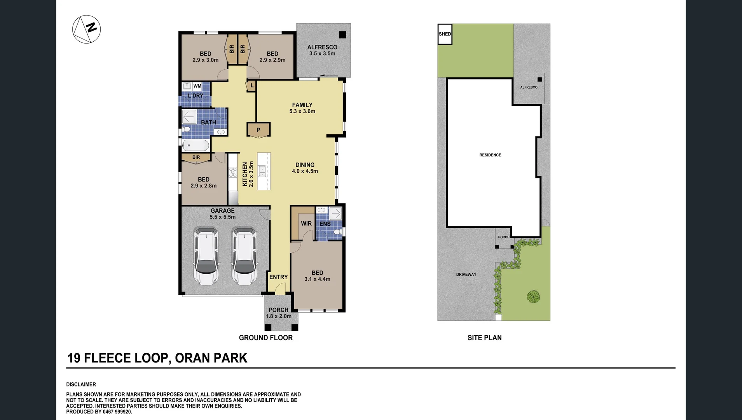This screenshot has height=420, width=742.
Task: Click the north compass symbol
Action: (x=86, y=29)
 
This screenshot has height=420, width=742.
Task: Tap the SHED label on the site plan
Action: (x=445, y=34)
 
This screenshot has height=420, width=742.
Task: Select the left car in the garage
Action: (x=206, y=256)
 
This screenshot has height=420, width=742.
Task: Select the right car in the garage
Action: (x=244, y=256)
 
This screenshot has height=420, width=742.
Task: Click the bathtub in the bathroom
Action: (x=196, y=145)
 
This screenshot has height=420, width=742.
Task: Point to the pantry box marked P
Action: (x=258, y=130)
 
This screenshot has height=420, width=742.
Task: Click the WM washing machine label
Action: (x=197, y=86)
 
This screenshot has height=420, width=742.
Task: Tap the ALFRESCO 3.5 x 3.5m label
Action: (x=322, y=50)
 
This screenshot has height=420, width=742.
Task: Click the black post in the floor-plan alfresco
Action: (x=342, y=35)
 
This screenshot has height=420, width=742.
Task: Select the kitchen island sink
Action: (x=262, y=171)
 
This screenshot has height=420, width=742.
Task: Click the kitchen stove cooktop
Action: (x=233, y=172)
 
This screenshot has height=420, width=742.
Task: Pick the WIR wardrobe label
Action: (x=306, y=224)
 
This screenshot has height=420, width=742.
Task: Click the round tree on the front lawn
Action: (x=533, y=297)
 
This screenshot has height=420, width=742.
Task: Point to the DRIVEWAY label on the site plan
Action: (x=466, y=275)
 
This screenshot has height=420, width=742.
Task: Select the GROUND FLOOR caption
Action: (x=266, y=338)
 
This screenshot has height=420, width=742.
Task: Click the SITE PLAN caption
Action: (x=485, y=338)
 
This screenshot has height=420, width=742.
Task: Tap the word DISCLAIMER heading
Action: (x=81, y=385)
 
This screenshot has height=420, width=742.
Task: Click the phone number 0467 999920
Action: (x=117, y=412)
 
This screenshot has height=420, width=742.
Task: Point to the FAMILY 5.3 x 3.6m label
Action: (x=302, y=108)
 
